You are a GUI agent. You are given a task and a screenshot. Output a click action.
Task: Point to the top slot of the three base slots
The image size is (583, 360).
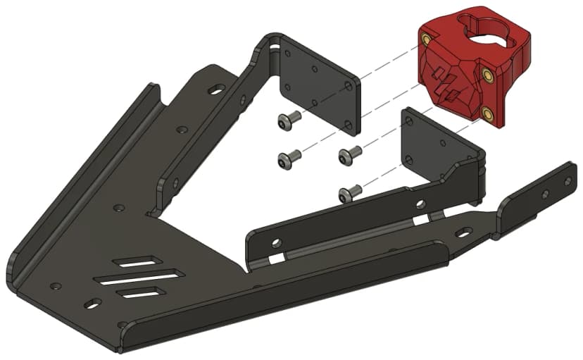tap(141, 261)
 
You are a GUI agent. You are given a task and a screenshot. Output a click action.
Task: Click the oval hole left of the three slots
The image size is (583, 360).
tap(92, 304)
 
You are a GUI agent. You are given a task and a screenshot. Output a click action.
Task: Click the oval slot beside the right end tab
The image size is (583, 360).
tap(463, 232)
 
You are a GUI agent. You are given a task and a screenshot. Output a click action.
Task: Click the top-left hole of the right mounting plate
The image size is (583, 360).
tap(407, 120)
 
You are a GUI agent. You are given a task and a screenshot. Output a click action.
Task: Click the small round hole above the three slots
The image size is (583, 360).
tap(119, 209)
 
